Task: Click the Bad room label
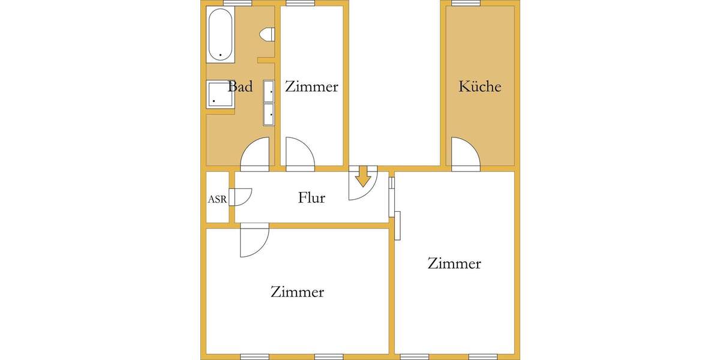click(240, 86)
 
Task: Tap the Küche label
click(479, 86)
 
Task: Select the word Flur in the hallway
click(311, 197)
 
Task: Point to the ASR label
click(217, 199)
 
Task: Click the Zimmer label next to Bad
click(311, 86)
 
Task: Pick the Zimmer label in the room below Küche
click(454, 263)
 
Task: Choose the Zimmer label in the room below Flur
click(297, 292)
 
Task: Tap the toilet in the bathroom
click(267, 35)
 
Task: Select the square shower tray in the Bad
click(220, 95)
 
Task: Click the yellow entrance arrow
click(362, 177)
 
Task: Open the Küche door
click(464, 154)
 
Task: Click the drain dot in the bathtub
click(221, 55)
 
